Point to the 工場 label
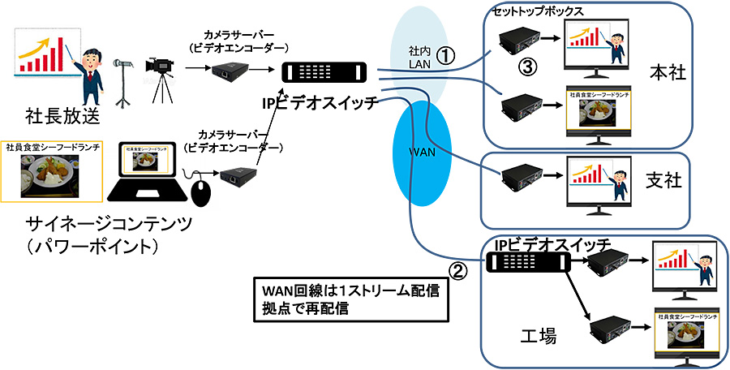537,335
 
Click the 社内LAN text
419,57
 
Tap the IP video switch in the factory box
527,261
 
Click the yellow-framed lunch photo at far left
53,171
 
